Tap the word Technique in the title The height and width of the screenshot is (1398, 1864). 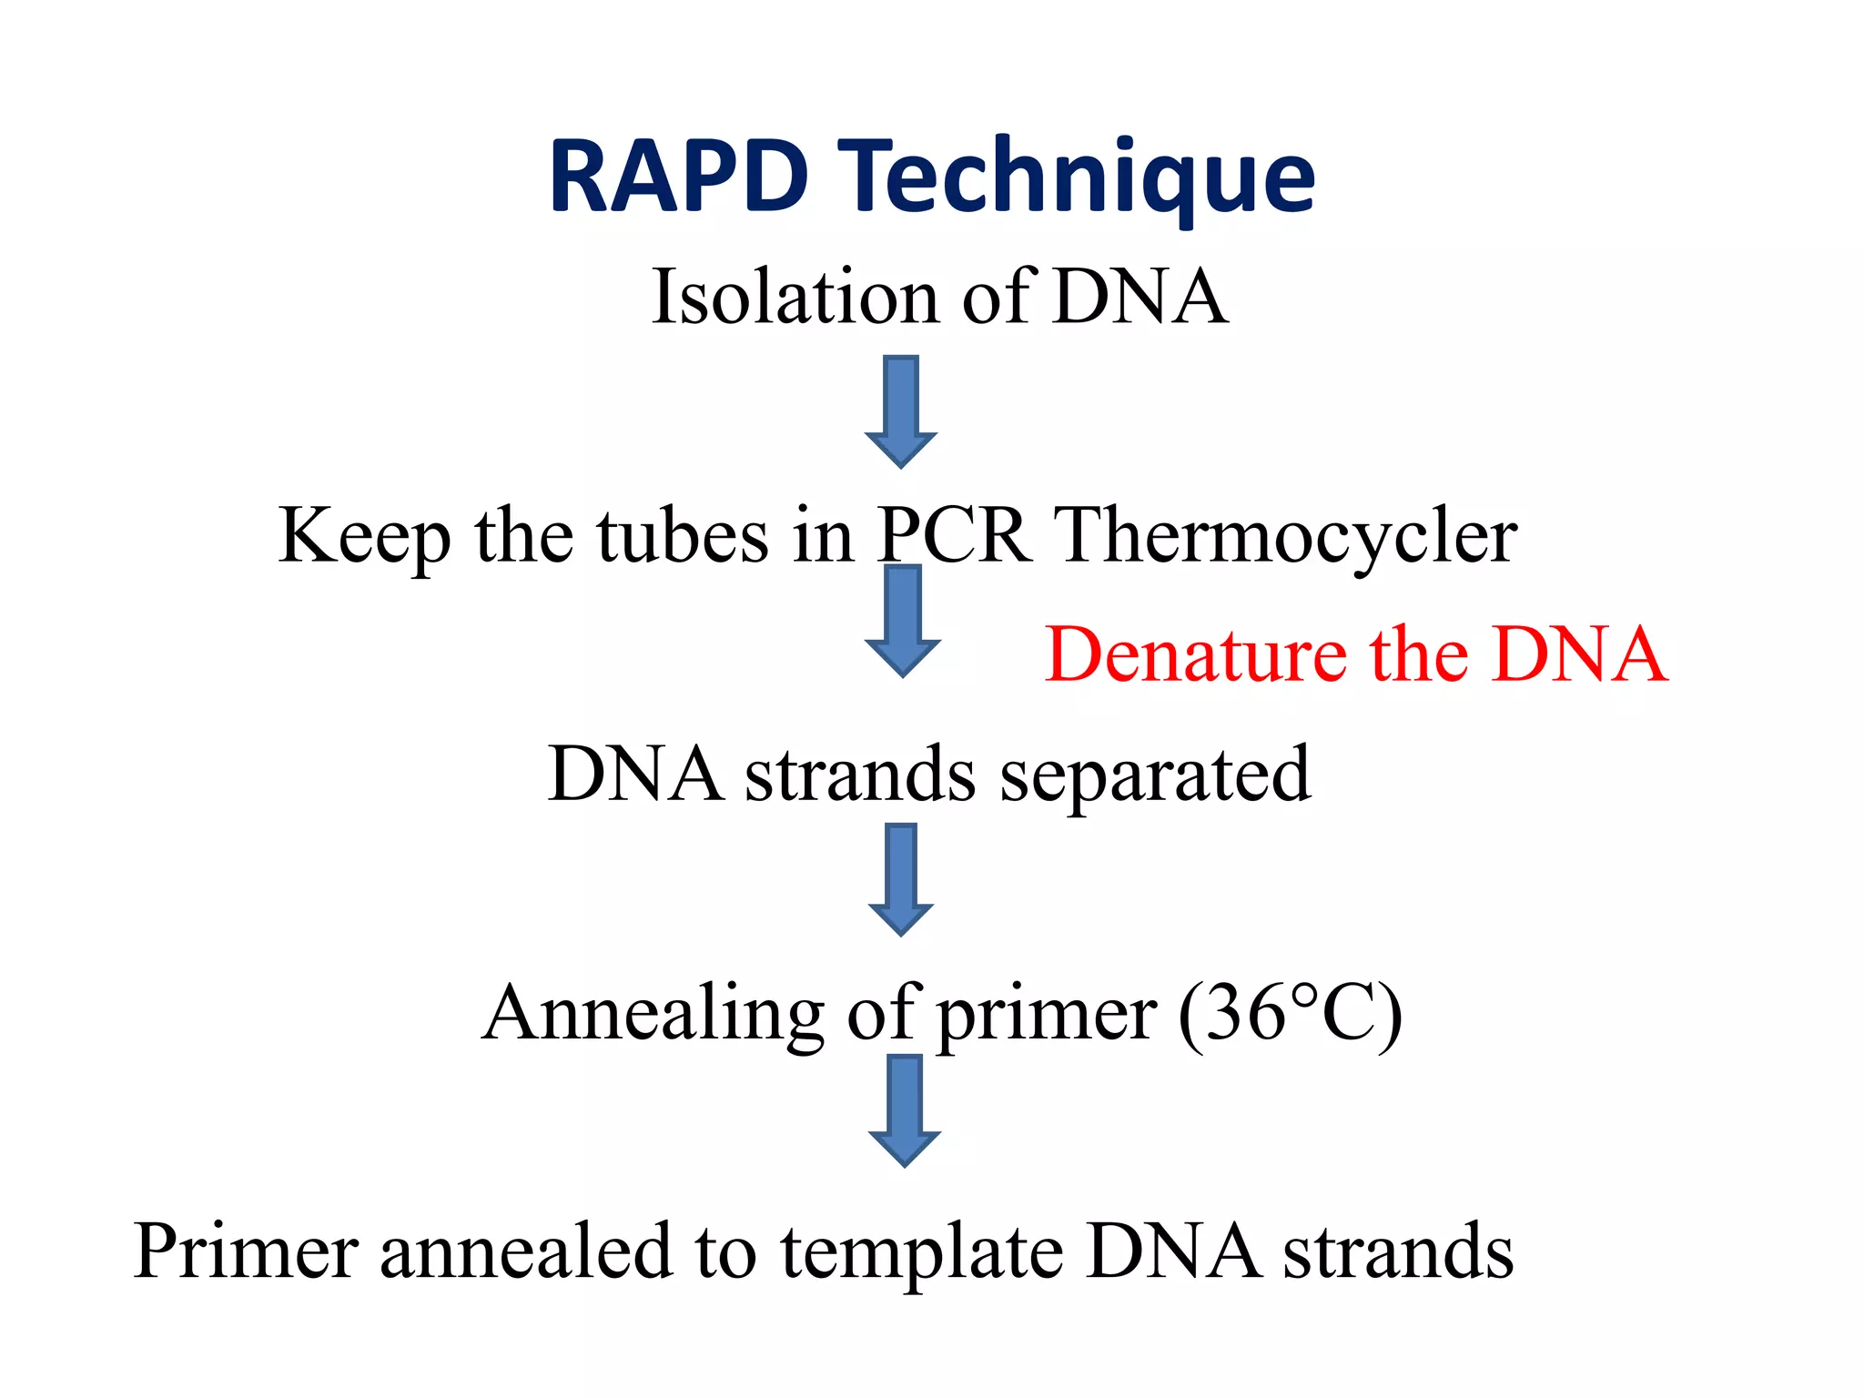(1076, 177)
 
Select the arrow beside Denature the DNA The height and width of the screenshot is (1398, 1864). (902, 621)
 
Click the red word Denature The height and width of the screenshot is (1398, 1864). (1195, 654)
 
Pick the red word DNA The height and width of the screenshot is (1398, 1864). (1580, 654)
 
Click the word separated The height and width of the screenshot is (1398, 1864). (1155, 775)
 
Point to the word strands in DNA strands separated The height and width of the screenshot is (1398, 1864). (860, 775)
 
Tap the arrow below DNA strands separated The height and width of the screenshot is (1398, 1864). (901, 878)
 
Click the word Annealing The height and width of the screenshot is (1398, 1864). (653, 1014)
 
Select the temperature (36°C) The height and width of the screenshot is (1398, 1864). (1290, 1014)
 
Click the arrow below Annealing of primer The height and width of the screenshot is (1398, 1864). (904, 1109)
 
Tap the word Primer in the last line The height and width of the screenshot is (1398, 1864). (246, 1251)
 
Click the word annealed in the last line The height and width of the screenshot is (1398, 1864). (525, 1251)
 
